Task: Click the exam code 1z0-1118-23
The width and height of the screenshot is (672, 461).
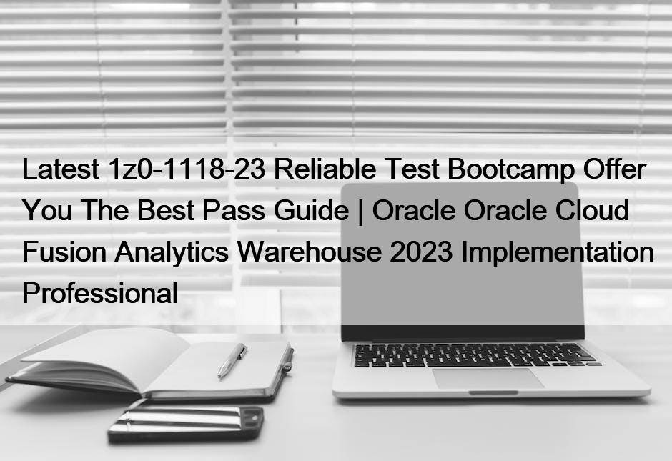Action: [187, 169]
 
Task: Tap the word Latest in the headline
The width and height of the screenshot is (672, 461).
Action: [61, 169]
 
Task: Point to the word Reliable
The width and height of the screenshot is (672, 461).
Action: [325, 169]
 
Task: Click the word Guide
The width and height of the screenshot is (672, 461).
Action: [311, 210]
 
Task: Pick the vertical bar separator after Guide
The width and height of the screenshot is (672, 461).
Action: [360, 211]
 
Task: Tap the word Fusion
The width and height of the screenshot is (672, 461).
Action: [64, 252]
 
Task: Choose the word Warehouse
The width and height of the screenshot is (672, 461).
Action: [310, 252]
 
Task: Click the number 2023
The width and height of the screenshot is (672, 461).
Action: [421, 252]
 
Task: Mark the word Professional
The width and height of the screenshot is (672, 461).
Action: [100, 293]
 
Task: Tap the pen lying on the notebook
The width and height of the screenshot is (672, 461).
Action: [232, 360]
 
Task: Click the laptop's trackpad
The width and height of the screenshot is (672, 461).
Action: [488, 378]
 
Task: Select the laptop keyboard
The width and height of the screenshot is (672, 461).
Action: [475, 355]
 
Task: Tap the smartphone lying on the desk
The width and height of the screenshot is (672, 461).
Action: [186, 424]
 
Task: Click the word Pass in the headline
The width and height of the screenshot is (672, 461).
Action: [234, 210]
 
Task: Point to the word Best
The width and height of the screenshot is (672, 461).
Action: [166, 210]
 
